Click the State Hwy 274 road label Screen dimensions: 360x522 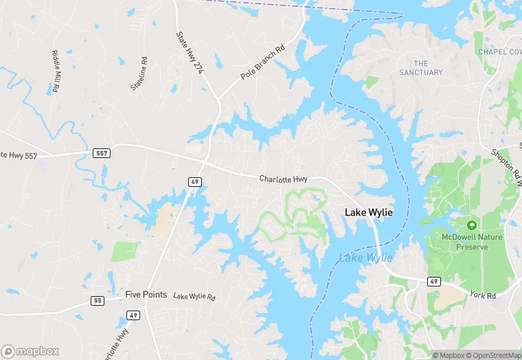190,53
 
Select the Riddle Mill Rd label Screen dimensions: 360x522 56,71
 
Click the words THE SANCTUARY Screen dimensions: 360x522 421,68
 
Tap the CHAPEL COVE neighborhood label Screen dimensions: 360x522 500,52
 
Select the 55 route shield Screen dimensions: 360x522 97,301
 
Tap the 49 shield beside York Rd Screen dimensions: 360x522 433,281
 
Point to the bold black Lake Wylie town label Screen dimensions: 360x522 369,213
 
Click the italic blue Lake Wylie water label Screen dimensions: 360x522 365,258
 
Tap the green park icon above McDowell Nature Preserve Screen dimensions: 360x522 471,225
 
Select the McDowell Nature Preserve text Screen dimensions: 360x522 464,242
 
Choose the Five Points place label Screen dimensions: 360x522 146,294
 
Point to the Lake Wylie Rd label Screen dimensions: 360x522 194,297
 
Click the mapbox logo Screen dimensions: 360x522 30,351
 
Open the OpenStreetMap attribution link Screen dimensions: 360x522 492,355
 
